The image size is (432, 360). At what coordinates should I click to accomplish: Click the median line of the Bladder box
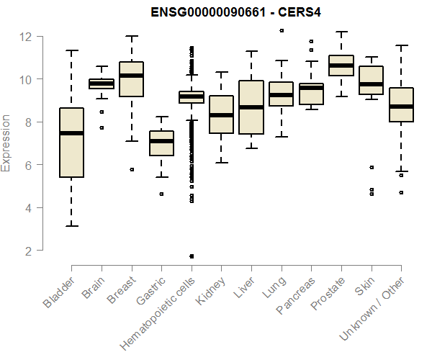tap(71, 133)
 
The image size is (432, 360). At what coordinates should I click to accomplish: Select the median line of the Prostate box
tap(341, 66)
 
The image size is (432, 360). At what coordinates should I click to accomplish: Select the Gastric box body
tap(161, 143)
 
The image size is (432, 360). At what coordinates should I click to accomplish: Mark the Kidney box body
tap(221, 114)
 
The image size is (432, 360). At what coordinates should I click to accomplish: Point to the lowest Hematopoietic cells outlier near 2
tap(192, 256)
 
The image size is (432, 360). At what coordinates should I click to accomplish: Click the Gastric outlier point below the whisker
tap(161, 194)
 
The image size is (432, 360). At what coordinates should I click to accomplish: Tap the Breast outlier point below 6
tap(131, 169)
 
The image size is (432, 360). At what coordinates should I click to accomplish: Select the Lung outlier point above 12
tap(281, 30)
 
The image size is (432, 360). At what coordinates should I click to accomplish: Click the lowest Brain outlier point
tap(102, 127)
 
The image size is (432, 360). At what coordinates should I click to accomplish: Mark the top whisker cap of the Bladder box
tap(71, 50)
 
